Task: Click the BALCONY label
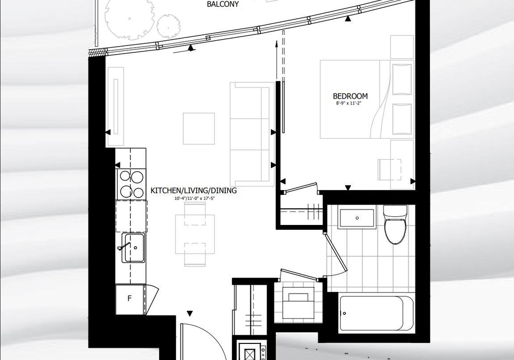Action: pyautogui.click(x=223, y=4)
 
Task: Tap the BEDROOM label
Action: pyautogui.click(x=350, y=96)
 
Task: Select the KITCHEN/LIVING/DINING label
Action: pyautogui.click(x=193, y=191)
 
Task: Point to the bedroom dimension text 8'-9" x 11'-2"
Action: pyautogui.click(x=350, y=103)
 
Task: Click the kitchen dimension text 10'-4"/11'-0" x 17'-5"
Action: pyautogui.click(x=195, y=198)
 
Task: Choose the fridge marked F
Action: pyautogui.click(x=130, y=299)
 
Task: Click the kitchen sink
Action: pyautogui.click(x=134, y=247)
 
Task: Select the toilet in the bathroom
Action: pyautogui.click(x=395, y=224)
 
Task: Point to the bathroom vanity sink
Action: pyautogui.click(x=357, y=217)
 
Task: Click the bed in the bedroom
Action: pyautogui.click(x=366, y=99)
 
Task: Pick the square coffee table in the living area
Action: pyautogui.click(x=199, y=129)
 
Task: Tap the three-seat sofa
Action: pyautogui.click(x=252, y=134)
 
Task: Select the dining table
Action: pyautogui.click(x=195, y=234)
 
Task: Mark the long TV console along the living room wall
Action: pyautogui.click(x=115, y=107)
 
